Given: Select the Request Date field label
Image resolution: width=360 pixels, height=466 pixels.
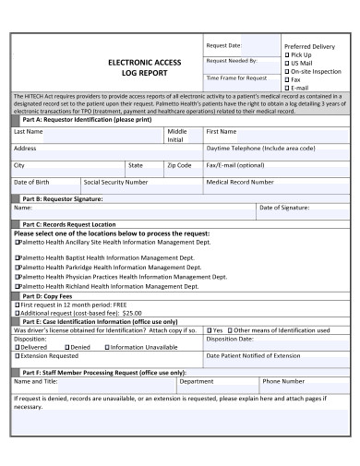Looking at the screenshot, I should pos(223,44).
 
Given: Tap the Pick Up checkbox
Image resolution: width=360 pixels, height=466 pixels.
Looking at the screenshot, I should pos(286,54).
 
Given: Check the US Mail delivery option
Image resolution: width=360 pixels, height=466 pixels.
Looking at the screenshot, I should pos(286,63).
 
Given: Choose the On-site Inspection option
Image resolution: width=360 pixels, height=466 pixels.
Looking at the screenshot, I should pos(286,71).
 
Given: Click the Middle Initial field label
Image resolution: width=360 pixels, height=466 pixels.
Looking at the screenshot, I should pos(176,136).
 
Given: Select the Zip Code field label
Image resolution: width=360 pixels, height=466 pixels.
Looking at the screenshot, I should pos(178,164).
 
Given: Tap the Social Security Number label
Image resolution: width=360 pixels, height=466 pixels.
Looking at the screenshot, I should pos(115,182).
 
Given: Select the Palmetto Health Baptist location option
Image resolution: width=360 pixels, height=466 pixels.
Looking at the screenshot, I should pos(103,254).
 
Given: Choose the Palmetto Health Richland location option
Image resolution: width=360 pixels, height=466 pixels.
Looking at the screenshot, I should pos(104,286).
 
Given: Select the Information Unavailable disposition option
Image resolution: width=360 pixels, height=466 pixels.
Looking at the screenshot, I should pos(141,346).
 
